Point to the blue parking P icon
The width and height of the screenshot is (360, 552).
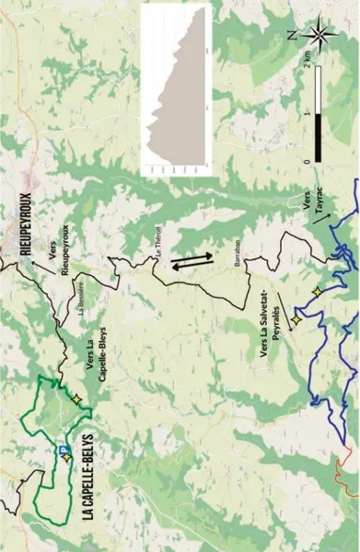click(x=63, y=450)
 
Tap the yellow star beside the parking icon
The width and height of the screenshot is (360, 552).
click(x=67, y=457)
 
